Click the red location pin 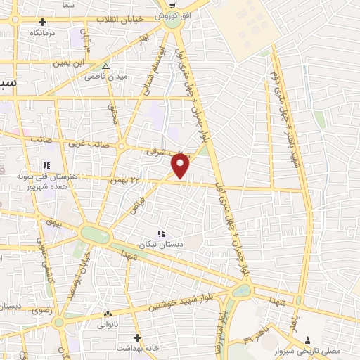pyautogui.click(x=181, y=167)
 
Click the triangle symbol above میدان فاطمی pyautogui.click(x=105, y=67)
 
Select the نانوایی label pyautogui.click(x=107, y=324)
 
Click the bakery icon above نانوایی pyautogui.click(x=107, y=314)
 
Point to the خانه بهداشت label pyautogui.click(x=137, y=347)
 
